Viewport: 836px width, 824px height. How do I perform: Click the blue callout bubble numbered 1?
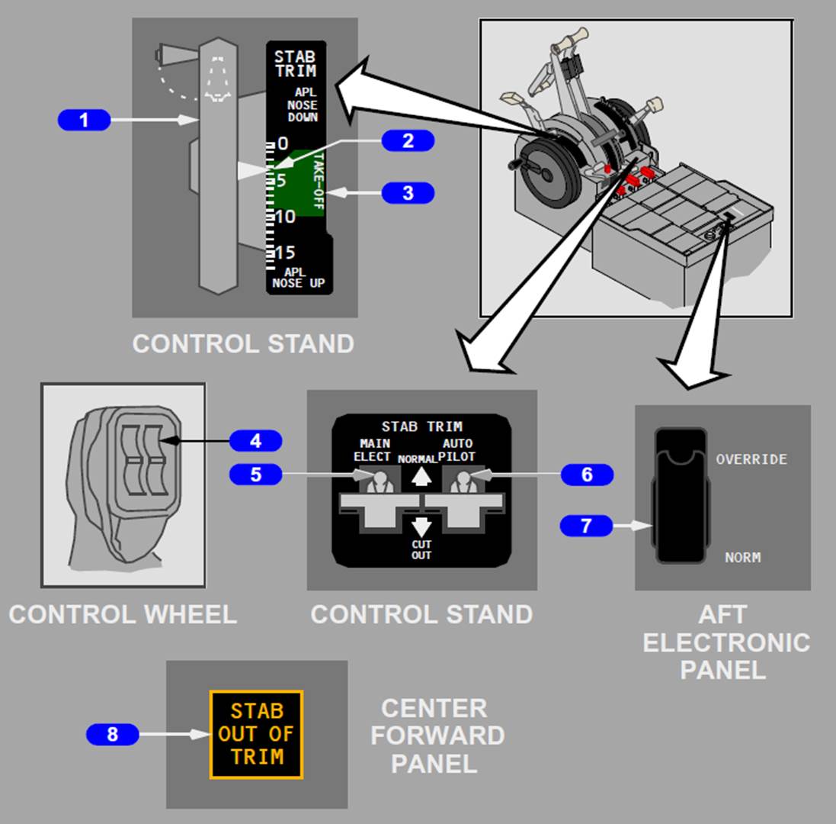click(x=84, y=120)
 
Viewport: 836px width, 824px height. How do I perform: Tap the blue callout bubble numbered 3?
click(x=408, y=193)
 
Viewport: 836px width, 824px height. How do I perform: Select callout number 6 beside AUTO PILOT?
click(x=587, y=475)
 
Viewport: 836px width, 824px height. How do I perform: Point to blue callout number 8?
click(x=112, y=735)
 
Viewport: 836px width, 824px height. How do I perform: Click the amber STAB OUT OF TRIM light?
click(x=257, y=734)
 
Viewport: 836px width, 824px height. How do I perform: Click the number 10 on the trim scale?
click(x=285, y=217)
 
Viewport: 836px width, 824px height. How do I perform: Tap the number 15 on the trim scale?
click(x=285, y=253)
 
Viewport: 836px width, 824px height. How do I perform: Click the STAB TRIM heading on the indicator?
click(x=295, y=64)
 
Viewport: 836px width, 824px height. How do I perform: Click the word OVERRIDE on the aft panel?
click(x=751, y=459)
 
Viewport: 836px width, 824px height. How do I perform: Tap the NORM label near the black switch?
click(x=742, y=558)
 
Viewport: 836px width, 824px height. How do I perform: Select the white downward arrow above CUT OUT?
click(x=421, y=526)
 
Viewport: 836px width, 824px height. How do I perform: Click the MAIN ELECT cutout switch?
click(x=375, y=483)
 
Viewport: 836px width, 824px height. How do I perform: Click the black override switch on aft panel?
click(x=680, y=496)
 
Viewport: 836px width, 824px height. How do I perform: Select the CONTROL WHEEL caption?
click(x=122, y=614)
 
